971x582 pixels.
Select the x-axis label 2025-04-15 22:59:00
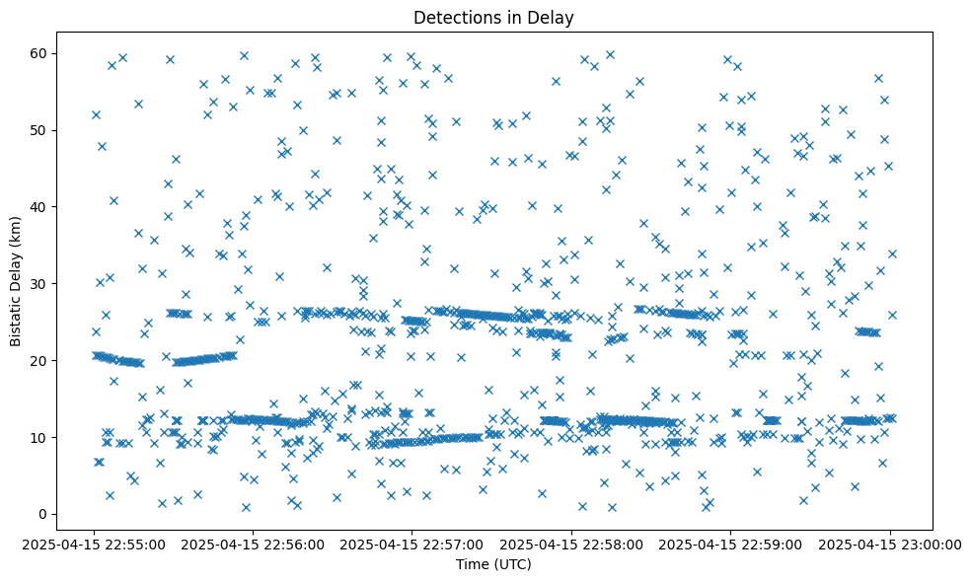click(731, 544)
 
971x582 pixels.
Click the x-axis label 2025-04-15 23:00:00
click(890, 544)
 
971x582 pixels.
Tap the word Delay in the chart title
click(553, 17)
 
